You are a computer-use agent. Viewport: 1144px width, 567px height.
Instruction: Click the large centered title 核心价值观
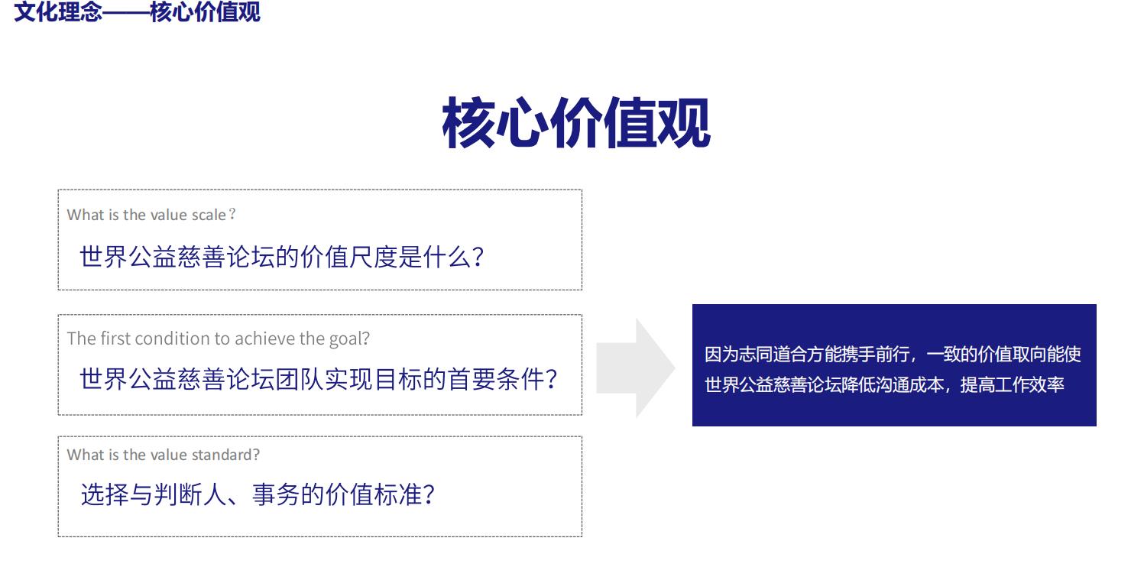[x=576, y=123]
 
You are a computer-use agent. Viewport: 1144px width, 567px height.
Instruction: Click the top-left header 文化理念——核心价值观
[x=137, y=11]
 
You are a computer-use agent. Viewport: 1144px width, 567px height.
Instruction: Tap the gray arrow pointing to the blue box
[x=636, y=368]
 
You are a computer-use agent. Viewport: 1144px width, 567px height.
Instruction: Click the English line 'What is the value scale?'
[x=151, y=215]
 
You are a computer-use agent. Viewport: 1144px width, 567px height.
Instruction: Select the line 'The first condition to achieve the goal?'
[x=218, y=339]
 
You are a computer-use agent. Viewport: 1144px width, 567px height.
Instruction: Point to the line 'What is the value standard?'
[x=164, y=455]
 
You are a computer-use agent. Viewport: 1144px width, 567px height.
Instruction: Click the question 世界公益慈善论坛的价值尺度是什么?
[x=282, y=257]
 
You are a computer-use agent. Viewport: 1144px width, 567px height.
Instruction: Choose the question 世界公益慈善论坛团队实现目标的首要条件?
[x=318, y=379]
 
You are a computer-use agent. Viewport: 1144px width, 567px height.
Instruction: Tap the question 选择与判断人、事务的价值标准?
[x=258, y=494]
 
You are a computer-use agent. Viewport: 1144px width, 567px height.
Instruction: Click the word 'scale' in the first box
[x=209, y=215]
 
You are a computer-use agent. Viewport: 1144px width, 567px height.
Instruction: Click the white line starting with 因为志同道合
[x=893, y=354]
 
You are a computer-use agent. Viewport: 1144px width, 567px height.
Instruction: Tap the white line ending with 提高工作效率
[x=884, y=384]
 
